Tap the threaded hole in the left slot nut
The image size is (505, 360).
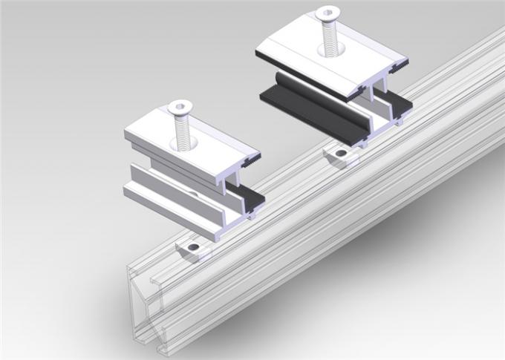pos(194,247)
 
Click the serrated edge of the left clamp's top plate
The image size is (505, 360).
pos(252,157)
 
